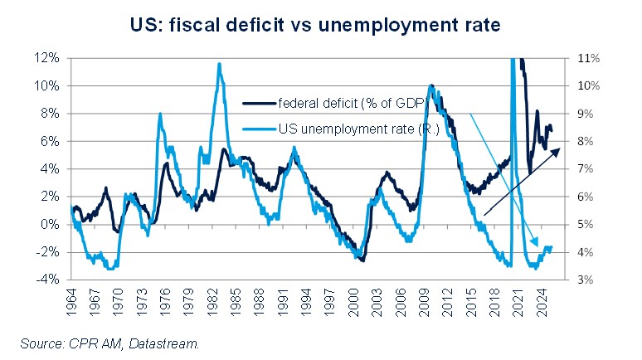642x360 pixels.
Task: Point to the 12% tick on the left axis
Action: point(46,58)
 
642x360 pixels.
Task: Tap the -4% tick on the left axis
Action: point(47,280)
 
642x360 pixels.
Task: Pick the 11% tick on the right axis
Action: point(577,58)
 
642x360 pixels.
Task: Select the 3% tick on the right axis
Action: point(577,280)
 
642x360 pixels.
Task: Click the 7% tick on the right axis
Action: point(577,169)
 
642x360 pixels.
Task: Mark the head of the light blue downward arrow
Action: point(536,233)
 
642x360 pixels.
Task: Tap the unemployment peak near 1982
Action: point(219,64)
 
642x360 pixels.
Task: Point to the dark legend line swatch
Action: point(259,105)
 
